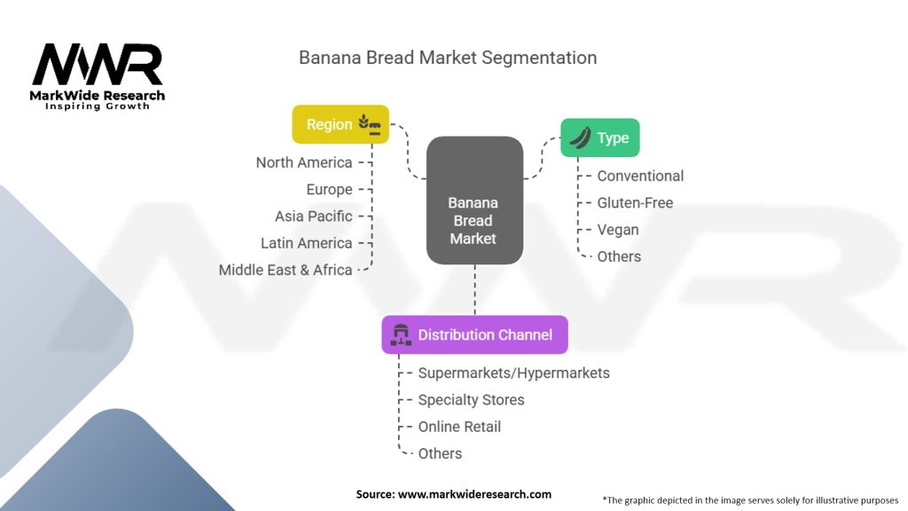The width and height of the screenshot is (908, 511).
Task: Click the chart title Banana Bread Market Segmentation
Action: click(448, 58)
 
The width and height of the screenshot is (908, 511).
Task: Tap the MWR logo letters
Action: click(98, 64)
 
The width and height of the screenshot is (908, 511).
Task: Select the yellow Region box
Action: click(340, 124)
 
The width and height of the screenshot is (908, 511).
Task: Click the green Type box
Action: click(600, 138)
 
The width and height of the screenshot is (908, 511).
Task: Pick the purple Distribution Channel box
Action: click(475, 334)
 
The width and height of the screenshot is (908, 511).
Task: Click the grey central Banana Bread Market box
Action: click(475, 200)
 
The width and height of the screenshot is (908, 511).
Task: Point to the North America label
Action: click(304, 163)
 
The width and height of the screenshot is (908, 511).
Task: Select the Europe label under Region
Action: click(330, 190)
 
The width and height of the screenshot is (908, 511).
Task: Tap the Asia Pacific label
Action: click(314, 216)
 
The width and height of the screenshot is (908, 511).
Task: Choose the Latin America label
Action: click(306, 243)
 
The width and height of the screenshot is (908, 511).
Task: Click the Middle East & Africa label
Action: click(286, 270)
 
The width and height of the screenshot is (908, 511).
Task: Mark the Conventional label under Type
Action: click(640, 177)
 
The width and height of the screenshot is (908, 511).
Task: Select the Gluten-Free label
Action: click(635, 203)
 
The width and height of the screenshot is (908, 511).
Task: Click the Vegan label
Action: click(618, 230)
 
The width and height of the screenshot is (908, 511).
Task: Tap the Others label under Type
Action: click(619, 256)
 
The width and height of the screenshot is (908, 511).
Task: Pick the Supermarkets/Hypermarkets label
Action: click(514, 373)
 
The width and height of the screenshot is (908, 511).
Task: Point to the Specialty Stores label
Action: click(472, 400)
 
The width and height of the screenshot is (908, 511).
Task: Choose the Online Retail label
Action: click(460, 427)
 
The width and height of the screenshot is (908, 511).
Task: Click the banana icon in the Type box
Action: click(580, 138)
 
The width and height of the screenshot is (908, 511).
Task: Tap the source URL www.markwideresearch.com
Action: click(475, 494)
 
